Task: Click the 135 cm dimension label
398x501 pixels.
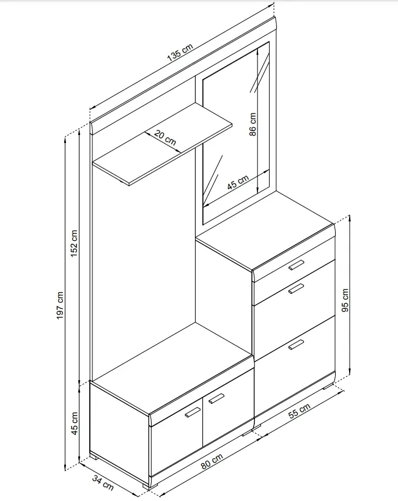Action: (x=180, y=53)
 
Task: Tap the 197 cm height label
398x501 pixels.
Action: (x=60, y=305)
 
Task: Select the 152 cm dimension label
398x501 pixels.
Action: (x=74, y=243)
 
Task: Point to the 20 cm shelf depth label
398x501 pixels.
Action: (x=165, y=137)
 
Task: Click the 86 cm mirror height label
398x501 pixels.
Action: (x=253, y=124)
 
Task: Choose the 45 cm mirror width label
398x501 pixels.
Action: (x=238, y=183)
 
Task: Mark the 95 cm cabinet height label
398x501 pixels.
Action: (x=345, y=301)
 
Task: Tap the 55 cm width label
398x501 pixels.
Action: (x=299, y=411)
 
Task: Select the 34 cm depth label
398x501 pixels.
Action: (x=103, y=483)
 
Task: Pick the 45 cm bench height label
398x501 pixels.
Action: (x=74, y=423)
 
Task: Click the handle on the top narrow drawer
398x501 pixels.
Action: (x=296, y=265)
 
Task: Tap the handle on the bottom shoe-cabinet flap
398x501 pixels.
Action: (x=296, y=345)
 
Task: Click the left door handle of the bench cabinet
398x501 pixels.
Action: (x=193, y=412)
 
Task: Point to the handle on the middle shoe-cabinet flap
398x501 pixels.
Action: (x=296, y=288)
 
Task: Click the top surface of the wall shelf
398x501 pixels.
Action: (x=162, y=144)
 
